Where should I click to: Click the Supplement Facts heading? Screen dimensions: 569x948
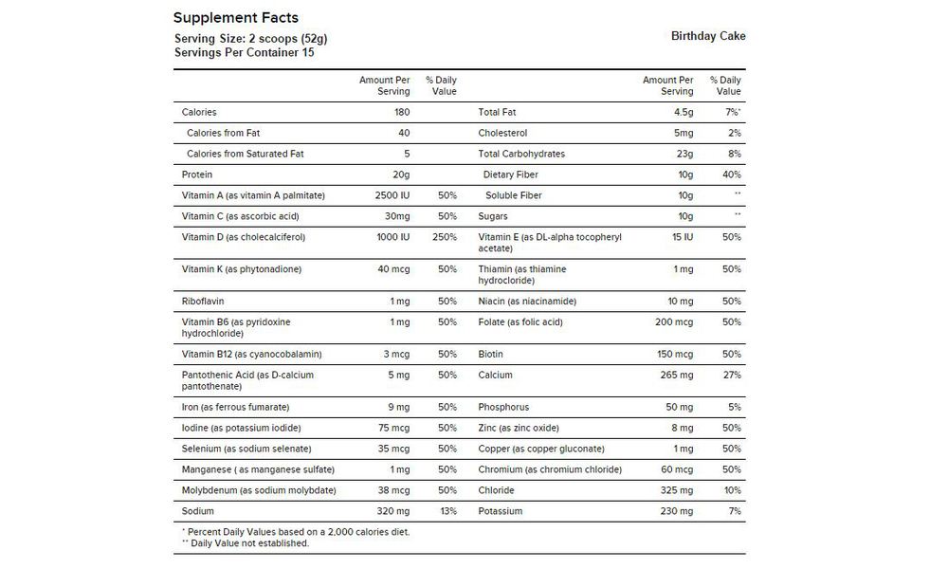236,18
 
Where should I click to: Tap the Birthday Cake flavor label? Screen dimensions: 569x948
708,37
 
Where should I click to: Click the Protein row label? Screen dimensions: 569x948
197,174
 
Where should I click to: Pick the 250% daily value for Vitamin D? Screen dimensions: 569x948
445,237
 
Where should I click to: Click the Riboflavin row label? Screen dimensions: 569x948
202,302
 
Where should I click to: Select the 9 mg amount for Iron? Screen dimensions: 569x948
399,407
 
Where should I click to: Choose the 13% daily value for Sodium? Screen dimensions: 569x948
447,511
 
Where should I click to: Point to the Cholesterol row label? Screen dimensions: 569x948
502,133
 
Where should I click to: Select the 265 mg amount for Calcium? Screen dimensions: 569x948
675,375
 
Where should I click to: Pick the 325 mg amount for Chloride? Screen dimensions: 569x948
675,490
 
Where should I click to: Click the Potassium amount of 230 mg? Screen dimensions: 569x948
675,511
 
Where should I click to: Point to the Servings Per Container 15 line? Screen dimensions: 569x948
245,52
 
